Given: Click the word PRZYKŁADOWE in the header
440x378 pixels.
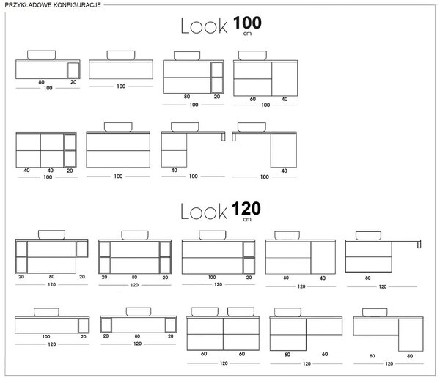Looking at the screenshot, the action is point(25,5).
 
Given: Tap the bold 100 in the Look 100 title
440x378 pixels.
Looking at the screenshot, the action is point(247,23).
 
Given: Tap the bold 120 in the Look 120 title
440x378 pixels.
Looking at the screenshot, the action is point(246,209).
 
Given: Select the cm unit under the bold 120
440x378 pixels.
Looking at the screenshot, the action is point(247,219).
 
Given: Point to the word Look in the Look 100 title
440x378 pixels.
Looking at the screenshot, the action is point(204,26).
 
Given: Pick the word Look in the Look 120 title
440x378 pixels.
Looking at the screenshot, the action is point(204,212).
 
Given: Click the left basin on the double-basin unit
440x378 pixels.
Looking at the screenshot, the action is point(205,312).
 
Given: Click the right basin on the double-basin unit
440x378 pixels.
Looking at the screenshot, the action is point(241,312).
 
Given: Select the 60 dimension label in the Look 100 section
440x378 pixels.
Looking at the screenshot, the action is point(253,99).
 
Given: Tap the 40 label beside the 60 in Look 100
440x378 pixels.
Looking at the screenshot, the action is point(285,99).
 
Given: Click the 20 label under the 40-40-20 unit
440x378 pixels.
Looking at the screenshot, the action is point(70,171).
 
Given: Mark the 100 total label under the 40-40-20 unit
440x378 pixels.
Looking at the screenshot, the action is point(48,177).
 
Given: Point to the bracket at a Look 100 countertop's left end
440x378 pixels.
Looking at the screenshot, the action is point(234,136).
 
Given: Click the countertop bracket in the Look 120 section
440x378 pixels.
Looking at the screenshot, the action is point(419,244).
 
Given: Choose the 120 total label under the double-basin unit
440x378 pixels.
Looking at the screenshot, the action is point(224,363).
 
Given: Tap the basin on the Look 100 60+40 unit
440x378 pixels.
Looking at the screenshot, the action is point(252,55).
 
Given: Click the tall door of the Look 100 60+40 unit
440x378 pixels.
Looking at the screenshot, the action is point(285,79).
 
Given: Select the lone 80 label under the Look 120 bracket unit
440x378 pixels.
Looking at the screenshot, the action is point(367,278).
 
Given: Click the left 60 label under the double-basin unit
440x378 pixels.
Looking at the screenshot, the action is point(204,354).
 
